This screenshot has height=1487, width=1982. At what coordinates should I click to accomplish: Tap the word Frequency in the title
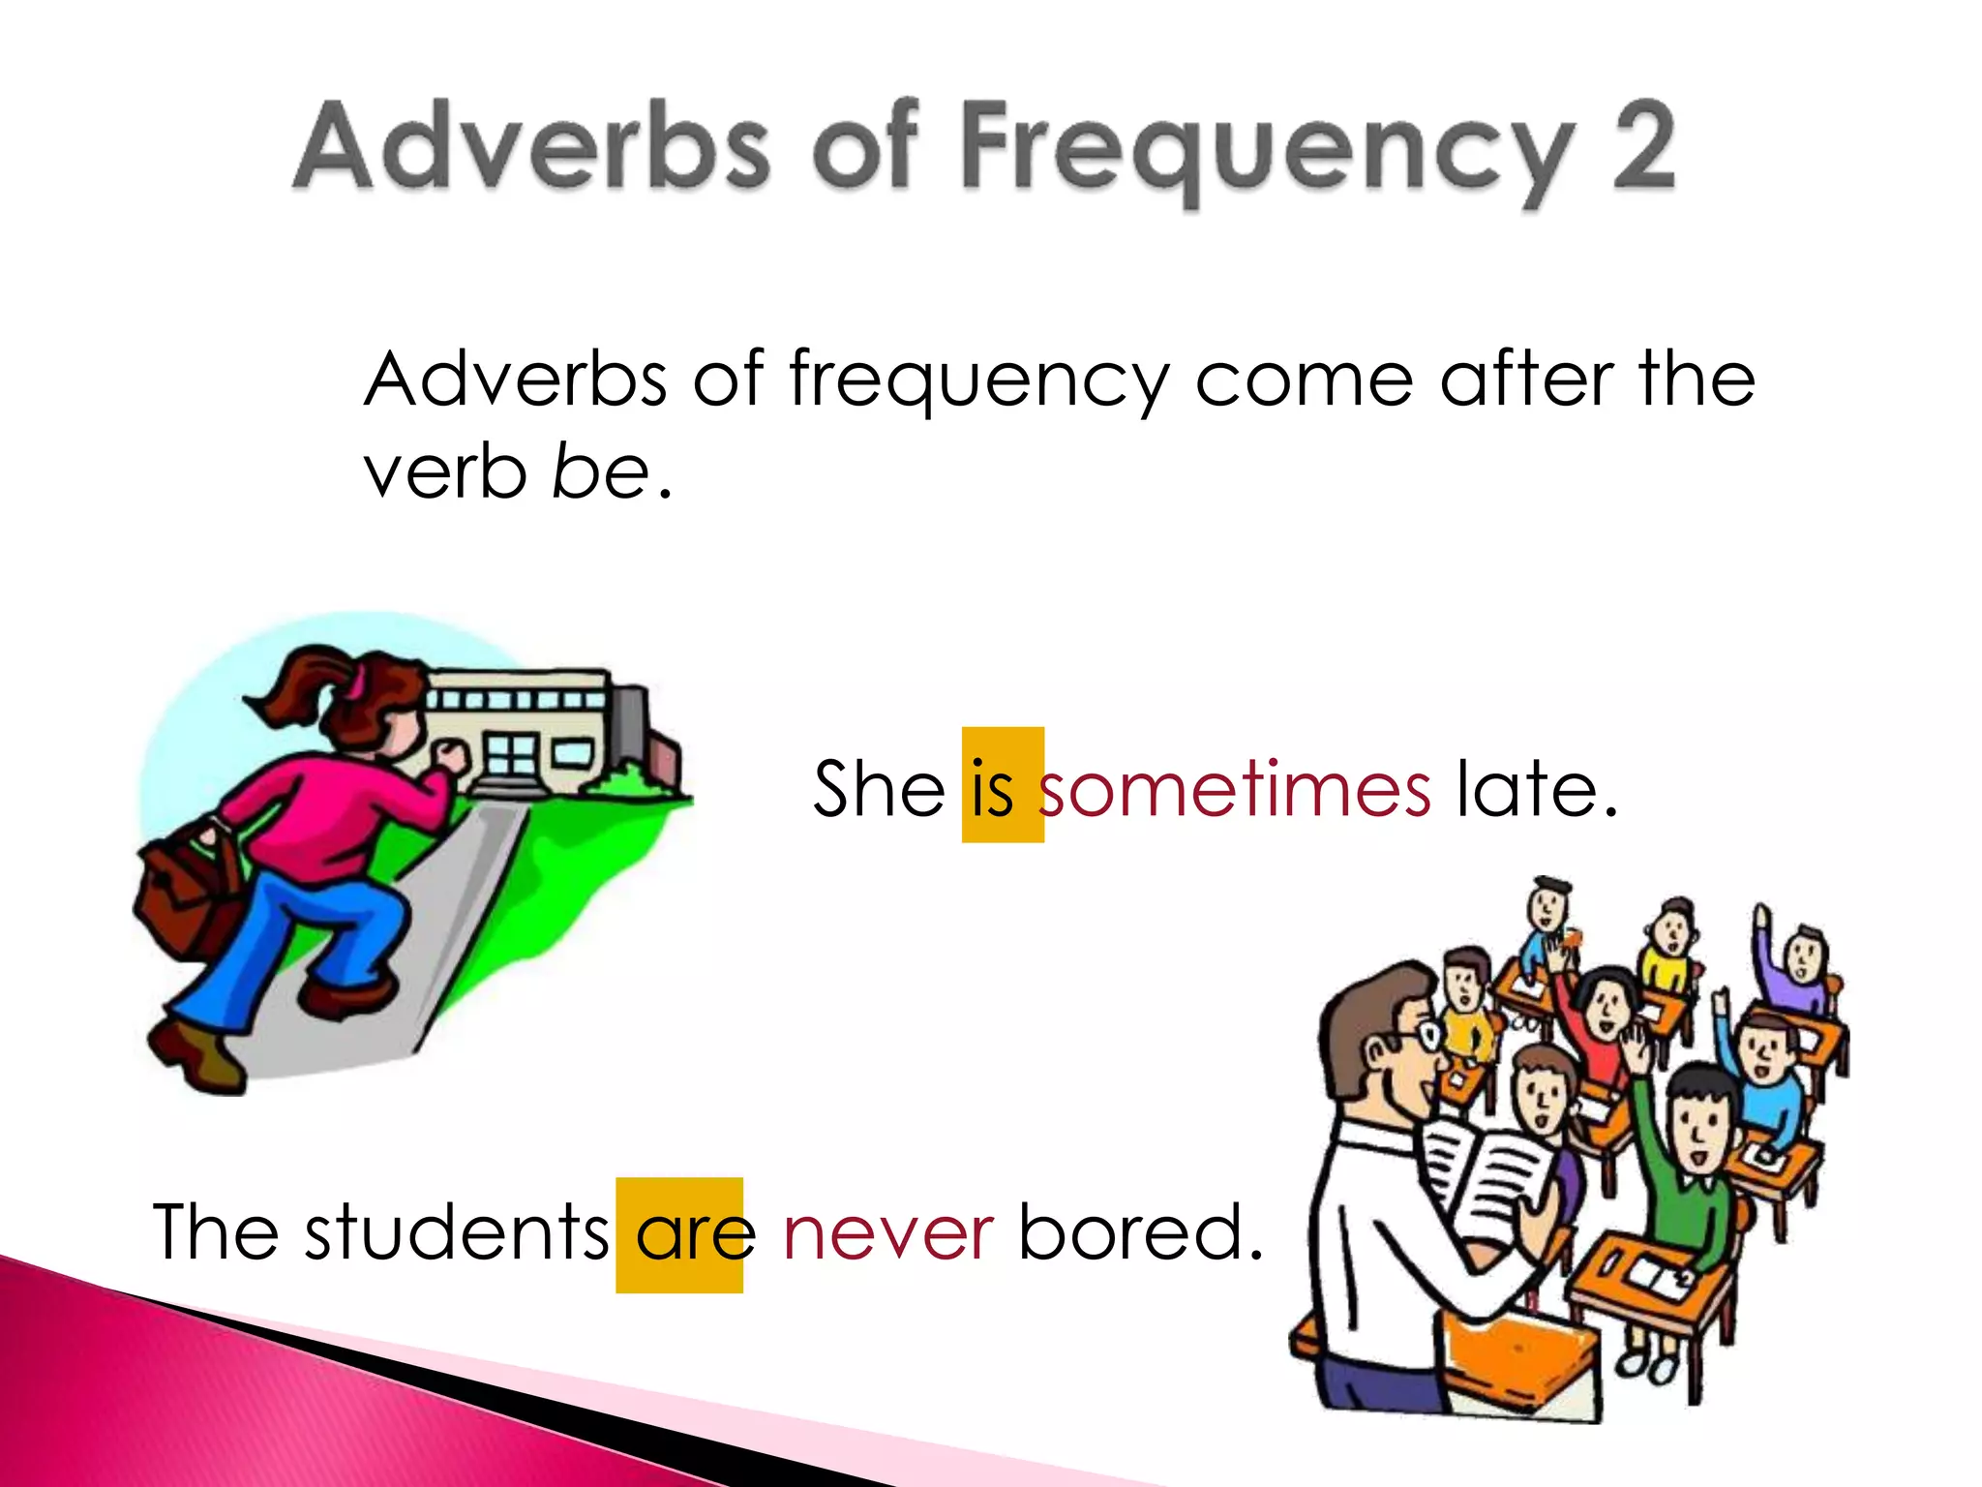tap(1268, 150)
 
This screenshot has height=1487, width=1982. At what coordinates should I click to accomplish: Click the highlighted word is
tap(993, 789)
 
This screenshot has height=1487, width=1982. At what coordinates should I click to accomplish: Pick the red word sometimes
tap(1235, 789)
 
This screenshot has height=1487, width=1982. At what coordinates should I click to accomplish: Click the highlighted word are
tap(695, 1234)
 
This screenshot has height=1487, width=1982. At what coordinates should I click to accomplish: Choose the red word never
tap(887, 1234)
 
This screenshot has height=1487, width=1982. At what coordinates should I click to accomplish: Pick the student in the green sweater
tap(1689, 1152)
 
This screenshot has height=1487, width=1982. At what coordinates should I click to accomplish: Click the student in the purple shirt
tap(1800, 968)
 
